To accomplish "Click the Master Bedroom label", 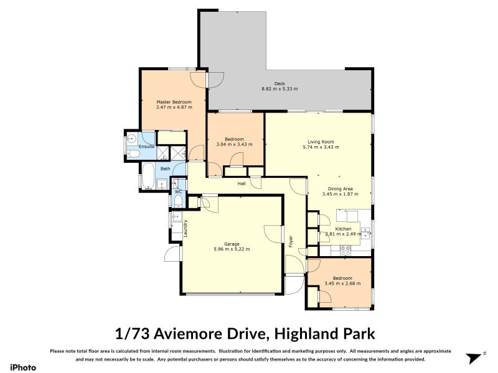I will coord(174,102).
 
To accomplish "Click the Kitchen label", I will coord(344,229).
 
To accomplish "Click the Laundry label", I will coord(186,229).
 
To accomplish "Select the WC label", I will coord(177,191).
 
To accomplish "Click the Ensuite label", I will coord(146,146).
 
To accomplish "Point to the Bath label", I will coord(165,168).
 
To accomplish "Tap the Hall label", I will coord(241,183).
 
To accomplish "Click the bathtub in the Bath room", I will coord(149,177).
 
